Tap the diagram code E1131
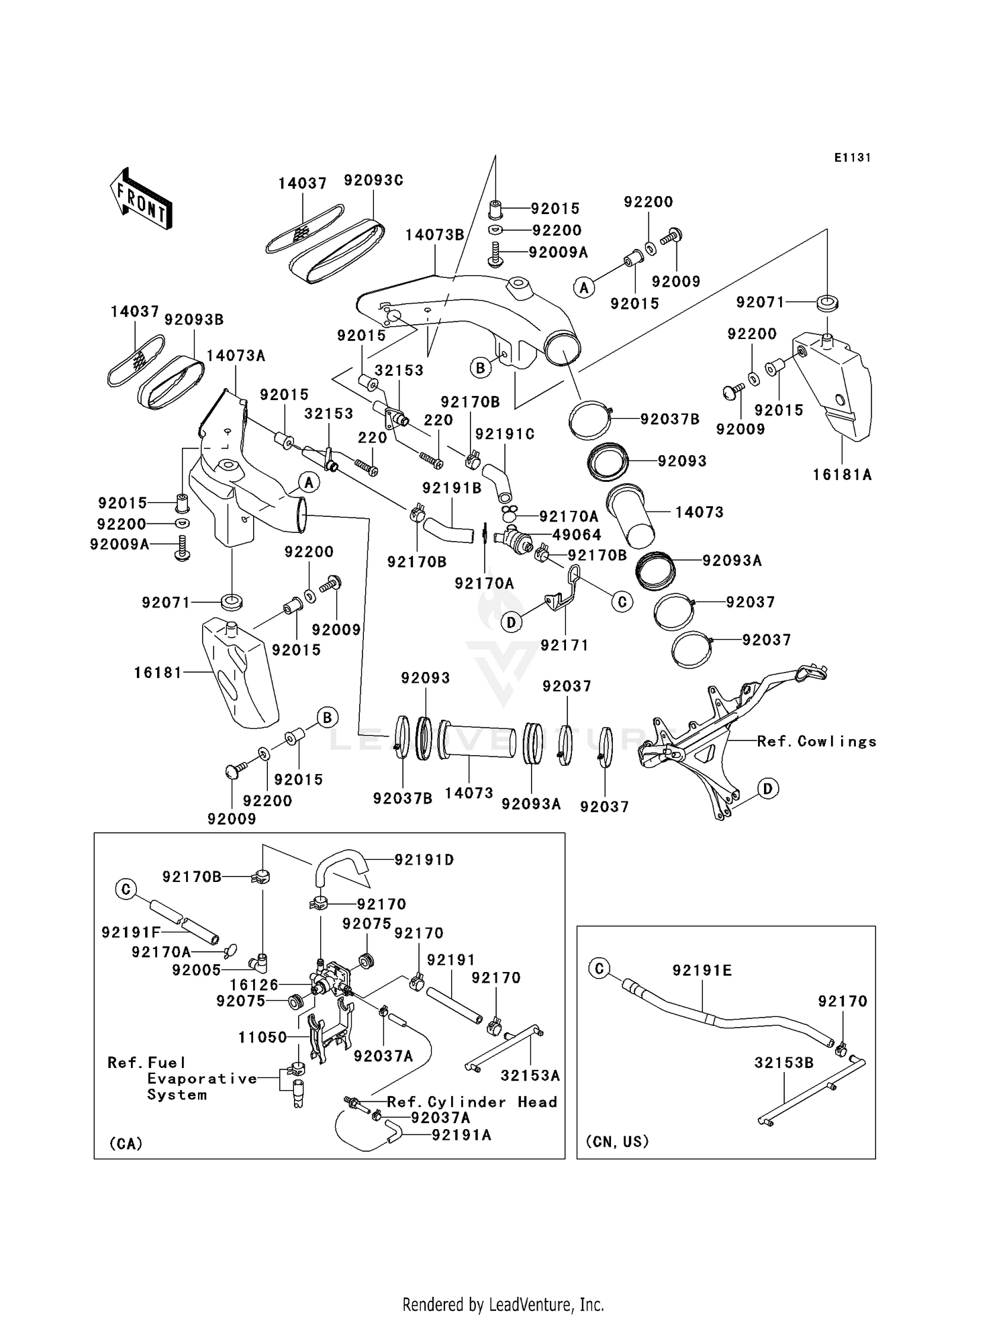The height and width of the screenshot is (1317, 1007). [852, 158]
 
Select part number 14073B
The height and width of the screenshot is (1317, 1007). [434, 235]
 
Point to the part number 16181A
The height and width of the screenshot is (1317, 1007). [842, 475]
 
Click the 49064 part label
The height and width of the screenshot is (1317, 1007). [577, 535]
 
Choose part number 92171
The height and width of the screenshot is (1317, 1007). [565, 645]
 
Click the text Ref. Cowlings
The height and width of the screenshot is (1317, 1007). [816, 742]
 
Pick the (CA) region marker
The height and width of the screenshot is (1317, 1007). [126, 1143]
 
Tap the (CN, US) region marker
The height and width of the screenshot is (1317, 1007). [617, 1142]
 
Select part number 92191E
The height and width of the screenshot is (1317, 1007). [702, 971]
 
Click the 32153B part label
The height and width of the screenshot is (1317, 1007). [783, 1063]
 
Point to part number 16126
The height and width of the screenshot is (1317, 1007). [254, 985]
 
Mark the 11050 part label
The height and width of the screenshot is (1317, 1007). [262, 1037]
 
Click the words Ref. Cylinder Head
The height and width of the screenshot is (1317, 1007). [472, 1102]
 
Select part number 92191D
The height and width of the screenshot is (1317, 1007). [424, 860]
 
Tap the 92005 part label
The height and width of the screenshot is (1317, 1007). [196, 970]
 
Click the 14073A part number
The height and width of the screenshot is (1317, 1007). [236, 356]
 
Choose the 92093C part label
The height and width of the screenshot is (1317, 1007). [373, 181]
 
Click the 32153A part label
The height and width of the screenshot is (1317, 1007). [530, 1076]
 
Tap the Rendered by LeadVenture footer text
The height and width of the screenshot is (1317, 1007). [503, 1305]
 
